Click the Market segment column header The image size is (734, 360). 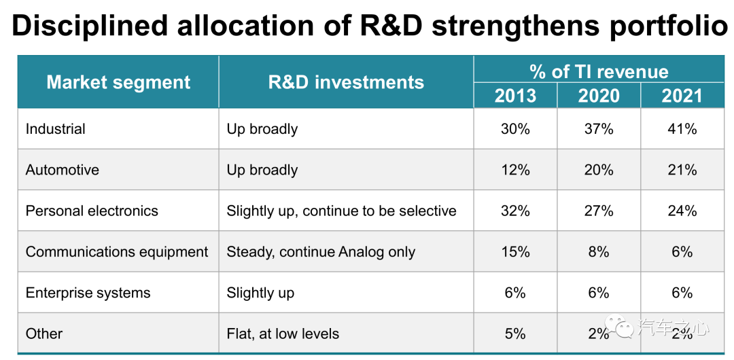(118, 82)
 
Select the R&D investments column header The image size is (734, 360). (346, 82)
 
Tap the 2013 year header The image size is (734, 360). (515, 96)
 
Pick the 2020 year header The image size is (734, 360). (599, 96)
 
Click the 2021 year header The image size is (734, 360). (682, 96)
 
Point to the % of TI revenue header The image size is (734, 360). (599, 71)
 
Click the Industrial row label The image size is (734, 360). (55, 129)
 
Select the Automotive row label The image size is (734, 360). (63, 169)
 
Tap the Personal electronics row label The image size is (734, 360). (92, 211)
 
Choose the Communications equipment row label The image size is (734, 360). (117, 252)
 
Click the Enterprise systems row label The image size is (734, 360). (88, 293)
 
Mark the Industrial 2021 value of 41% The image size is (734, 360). (682, 129)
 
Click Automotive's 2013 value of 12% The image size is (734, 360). (515, 169)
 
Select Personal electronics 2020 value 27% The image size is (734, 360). (599, 211)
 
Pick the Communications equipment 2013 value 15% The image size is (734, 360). (515, 252)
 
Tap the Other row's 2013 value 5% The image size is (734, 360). (515, 334)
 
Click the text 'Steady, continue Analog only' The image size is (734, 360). (321, 252)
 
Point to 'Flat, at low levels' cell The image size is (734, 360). (283, 334)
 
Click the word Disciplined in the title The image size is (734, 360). (90, 26)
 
